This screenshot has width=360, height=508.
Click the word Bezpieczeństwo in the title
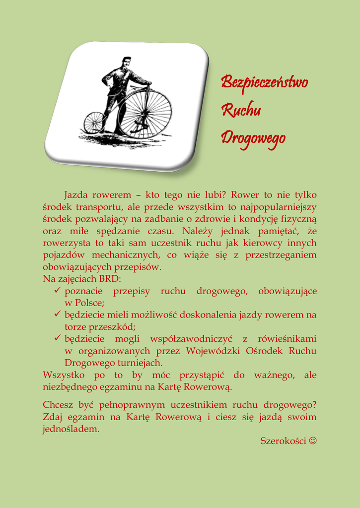point(265,82)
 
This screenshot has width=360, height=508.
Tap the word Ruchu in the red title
point(241,110)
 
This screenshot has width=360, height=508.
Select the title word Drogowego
point(253,137)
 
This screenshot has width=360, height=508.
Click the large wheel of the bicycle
point(145,114)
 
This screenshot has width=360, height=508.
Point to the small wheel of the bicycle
point(94,123)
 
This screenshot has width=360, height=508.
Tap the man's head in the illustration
point(127,62)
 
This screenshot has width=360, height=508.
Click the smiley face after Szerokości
point(312,441)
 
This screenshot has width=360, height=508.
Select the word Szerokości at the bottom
point(283,441)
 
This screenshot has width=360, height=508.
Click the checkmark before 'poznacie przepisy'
point(58,291)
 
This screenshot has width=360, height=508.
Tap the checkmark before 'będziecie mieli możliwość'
point(58,315)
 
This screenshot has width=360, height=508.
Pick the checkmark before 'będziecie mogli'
point(58,338)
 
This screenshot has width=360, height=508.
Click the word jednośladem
point(71,429)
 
